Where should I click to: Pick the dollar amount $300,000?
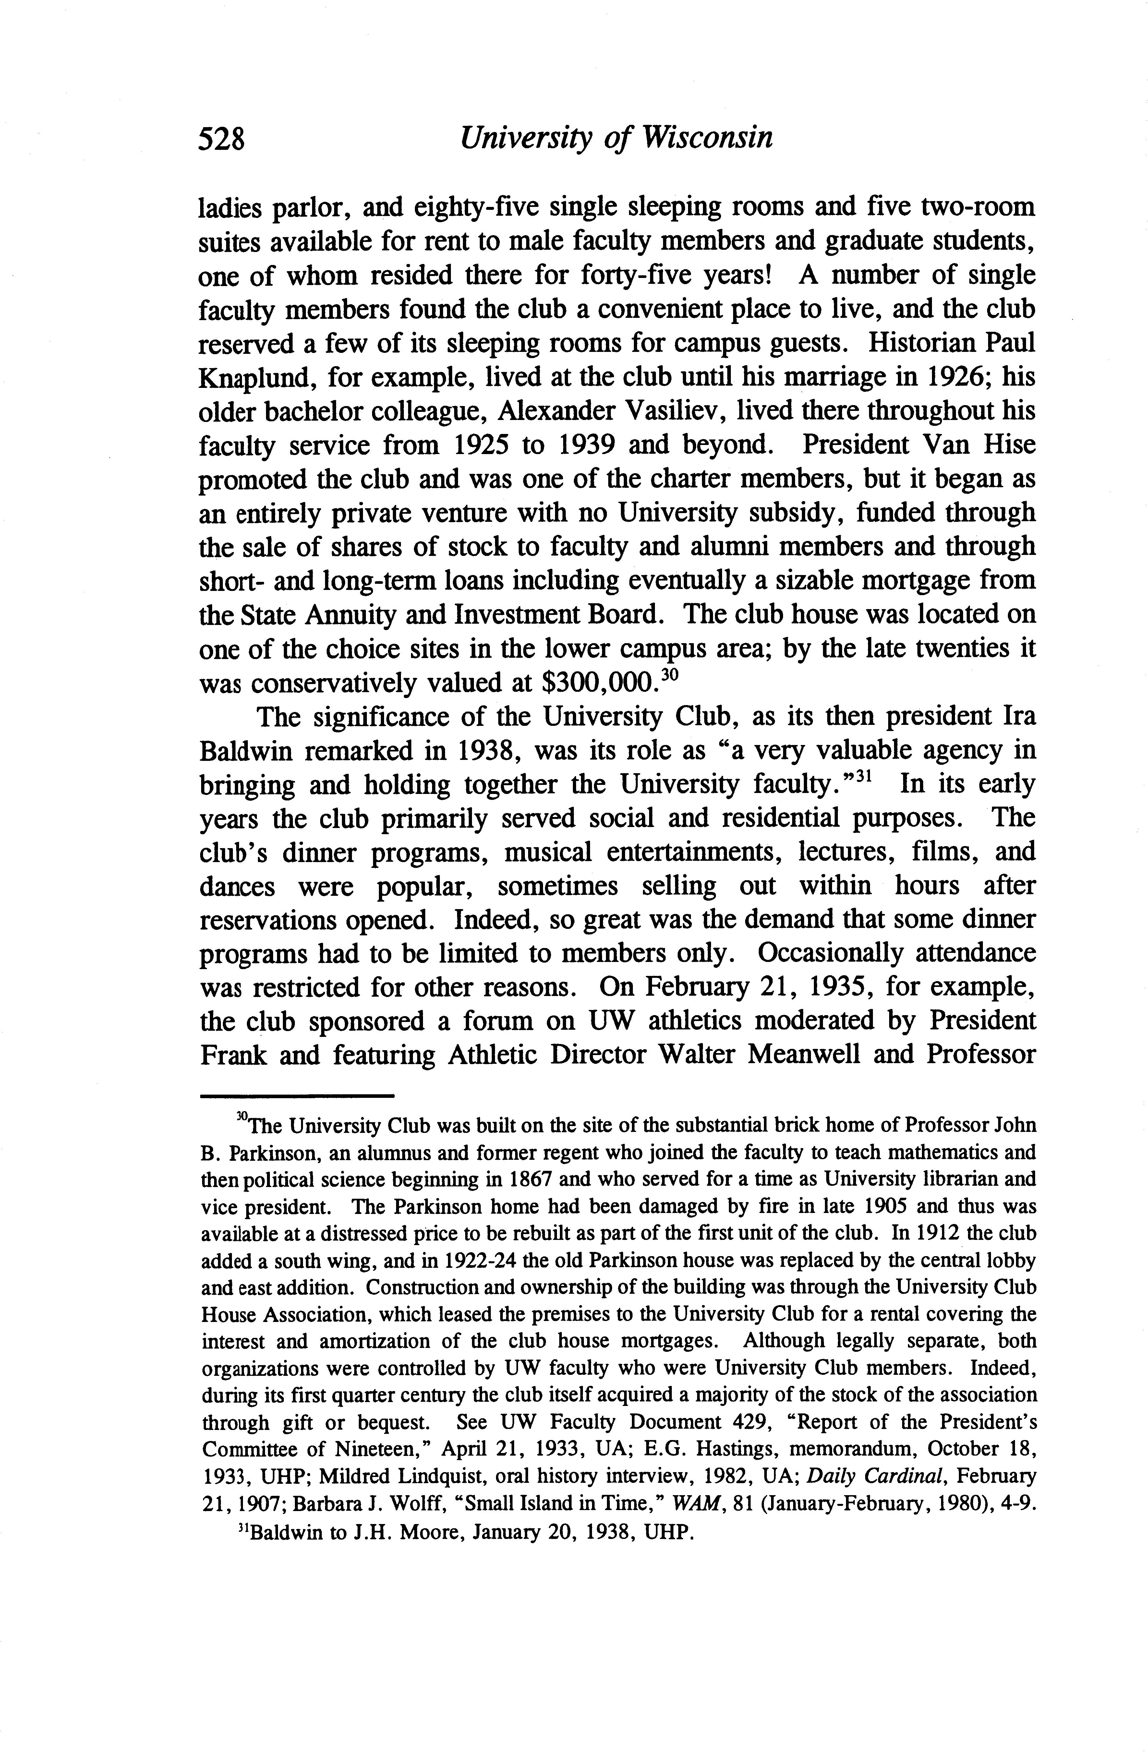pos(597,683)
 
